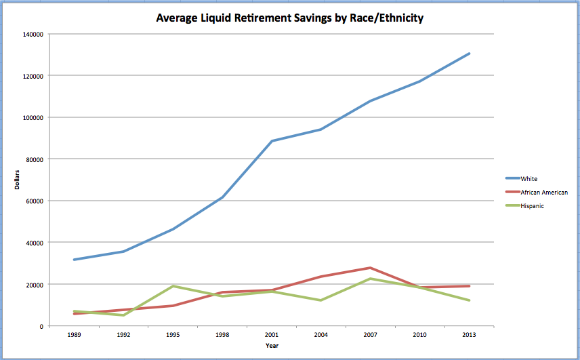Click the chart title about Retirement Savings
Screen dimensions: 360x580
[289, 18]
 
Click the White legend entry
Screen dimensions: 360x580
[529, 179]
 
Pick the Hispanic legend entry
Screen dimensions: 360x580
[533, 206]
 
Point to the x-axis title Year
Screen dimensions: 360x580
[271, 345]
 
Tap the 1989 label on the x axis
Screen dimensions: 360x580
[74, 334]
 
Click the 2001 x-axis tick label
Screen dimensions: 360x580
[271, 334]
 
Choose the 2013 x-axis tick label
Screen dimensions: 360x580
[469, 334]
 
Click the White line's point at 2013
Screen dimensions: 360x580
[469, 54]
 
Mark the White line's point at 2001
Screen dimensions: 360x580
[271, 141]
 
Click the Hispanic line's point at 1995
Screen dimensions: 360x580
[173, 286]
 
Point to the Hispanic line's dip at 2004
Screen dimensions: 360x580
[320, 300]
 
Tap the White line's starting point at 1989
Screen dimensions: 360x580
[74, 260]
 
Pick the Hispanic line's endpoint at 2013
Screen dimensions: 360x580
[469, 300]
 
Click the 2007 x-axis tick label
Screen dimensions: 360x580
[370, 334]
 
